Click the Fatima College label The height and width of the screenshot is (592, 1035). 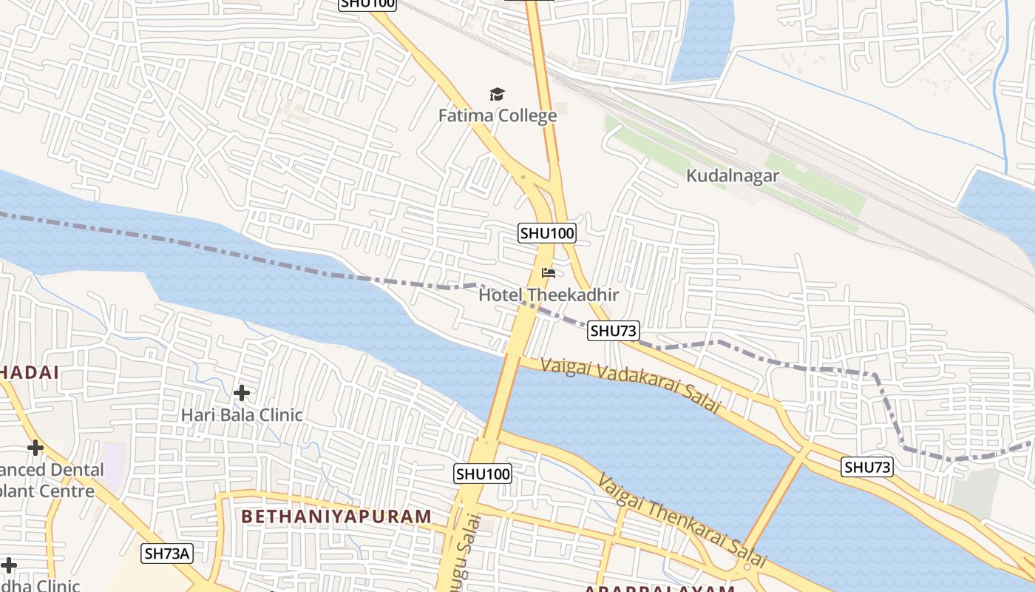pyautogui.click(x=497, y=116)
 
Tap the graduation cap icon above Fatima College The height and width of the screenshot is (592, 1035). pyautogui.click(x=497, y=94)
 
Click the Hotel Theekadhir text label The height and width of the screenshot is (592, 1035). pyautogui.click(x=549, y=295)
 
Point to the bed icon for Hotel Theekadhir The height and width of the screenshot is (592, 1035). pyautogui.click(x=549, y=273)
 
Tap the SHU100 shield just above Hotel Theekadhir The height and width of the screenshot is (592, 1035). pyautogui.click(x=547, y=233)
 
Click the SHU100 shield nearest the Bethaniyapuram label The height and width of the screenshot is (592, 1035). pyautogui.click(x=483, y=474)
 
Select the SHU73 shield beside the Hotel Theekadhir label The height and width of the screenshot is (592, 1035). pyautogui.click(x=614, y=331)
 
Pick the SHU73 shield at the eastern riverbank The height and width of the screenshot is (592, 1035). pyautogui.click(x=867, y=467)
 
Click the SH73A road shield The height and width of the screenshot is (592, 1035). pyautogui.click(x=167, y=553)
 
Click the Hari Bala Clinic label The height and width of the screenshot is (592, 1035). pyautogui.click(x=242, y=414)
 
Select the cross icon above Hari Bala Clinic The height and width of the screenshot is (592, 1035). pyautogui.click(x=242, y=393)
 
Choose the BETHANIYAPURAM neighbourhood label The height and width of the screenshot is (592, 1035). pyautogui.click(x=336, y=517)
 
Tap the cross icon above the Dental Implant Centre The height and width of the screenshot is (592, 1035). pyautogui.click(x=35, y=448)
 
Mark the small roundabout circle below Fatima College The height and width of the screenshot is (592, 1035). pyautogui.click(x=523, y=177)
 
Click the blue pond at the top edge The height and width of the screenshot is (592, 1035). pyautogui.click(x=702, y=37)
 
